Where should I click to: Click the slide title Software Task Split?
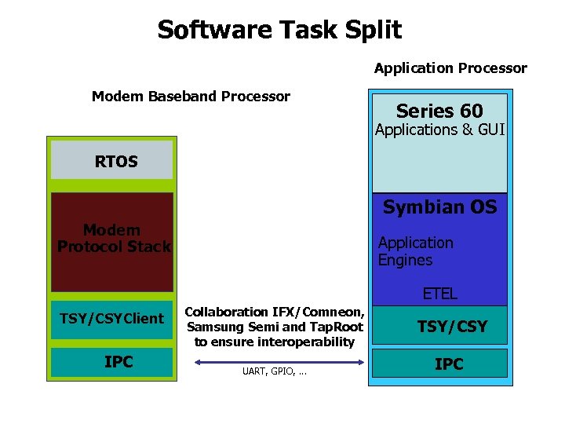tap(279, 30)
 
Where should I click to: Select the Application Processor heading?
tap(450, 68)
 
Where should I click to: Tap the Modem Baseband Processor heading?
tap(191, 97)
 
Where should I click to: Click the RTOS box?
tap(111, 161)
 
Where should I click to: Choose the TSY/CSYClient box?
tap(111, 319)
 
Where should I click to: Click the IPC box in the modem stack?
tap(111, 362)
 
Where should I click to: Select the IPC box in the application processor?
tap(449, 364)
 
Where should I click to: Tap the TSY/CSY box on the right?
tap(451, 326)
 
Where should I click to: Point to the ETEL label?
tap(439, 294)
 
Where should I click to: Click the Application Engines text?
tap(415, 251)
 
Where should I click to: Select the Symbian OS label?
tap(439, 207)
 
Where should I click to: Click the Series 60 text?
tap(439, 111)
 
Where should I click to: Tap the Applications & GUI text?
tap(439, 130)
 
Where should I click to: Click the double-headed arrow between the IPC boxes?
tap(274, 362)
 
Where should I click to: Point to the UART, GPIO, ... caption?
tap(274, 372)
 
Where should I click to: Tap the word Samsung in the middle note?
tap(211, 327)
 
